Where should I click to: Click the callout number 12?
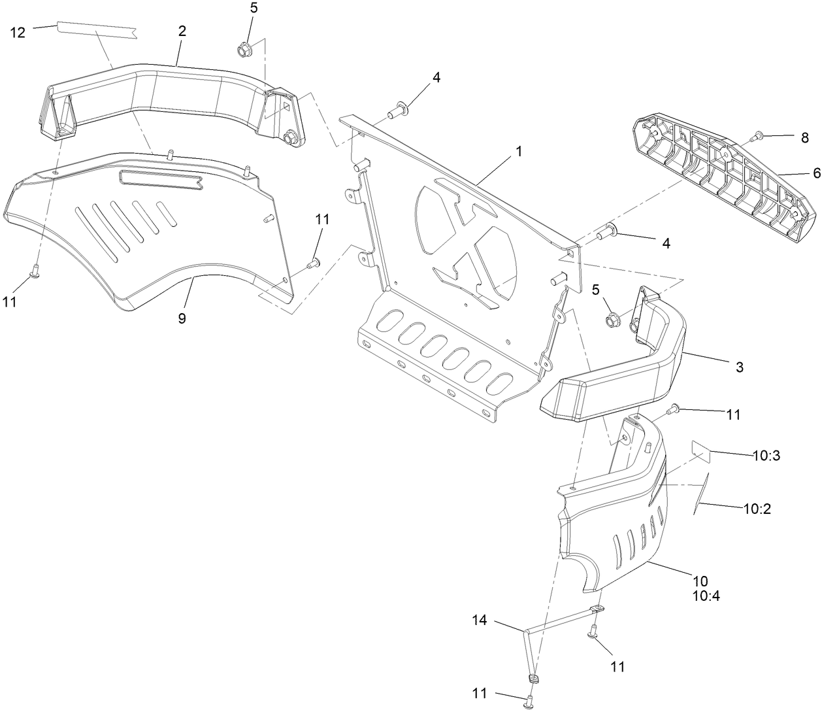pos(18,32)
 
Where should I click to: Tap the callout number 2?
pos(182,31)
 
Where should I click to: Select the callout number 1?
pos(518,151)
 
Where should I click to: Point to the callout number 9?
pos(182,318)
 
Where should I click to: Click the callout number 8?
pos(804,138)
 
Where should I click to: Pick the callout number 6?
pos(816,173)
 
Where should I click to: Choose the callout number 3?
pos(739,367)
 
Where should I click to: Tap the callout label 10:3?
pos(766,455)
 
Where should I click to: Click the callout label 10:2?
pos(757,509)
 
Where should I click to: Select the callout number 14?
pos(480,620)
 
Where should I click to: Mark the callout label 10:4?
pos(706,596)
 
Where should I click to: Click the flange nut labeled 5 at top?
pos(242,51)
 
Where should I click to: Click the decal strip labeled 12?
pos(97,30)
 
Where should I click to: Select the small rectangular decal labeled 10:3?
pos(702,451)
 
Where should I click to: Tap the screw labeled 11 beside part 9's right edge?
pos(314,263)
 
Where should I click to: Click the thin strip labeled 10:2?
pos(701,493)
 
